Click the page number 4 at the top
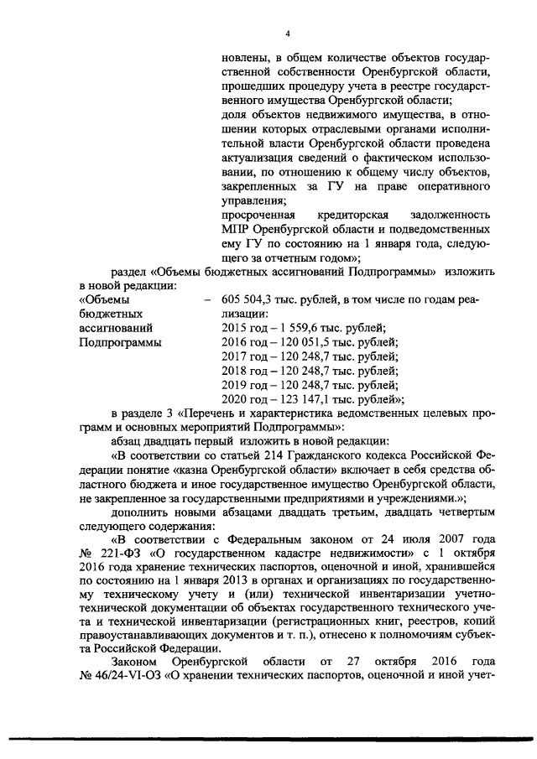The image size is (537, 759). (x=287, y=34)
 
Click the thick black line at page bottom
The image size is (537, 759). (x=268, y=737)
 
